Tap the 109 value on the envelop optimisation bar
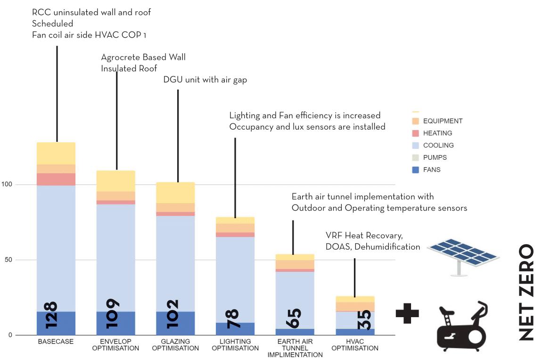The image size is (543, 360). pyautogui.click(x=112, y=314)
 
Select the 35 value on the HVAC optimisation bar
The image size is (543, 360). pyautogui.click(x=363, y=319)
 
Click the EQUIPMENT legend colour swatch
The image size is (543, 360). pyautogui.click(x=416, y=121)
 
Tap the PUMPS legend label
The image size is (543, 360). pyautogui.click(x=435, y=157)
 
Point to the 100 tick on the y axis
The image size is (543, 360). pyautogui.click(x=7, y=184)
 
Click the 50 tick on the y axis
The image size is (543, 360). pyautogui.click(x=8, y=260)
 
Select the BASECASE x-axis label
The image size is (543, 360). pyautogui.click(x=56, y=342)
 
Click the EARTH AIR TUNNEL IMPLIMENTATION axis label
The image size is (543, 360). pyautogui.click(x=295, y=348)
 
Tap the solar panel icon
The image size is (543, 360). pyautogui.click(x=463, y=257)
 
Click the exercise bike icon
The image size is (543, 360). pyautogui.click(x=462, y=327)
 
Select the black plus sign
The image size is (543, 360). pyautogui.click(x=407, y=313)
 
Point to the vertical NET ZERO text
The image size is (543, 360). pyautogui.click(x=527, y=292)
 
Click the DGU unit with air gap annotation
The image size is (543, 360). pyautogui.click(x=205, y=80)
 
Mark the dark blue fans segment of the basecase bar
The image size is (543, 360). pyautogui.click(x=56, y=323)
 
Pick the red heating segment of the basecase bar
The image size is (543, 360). pyautogui.click(x=56, y=180)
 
